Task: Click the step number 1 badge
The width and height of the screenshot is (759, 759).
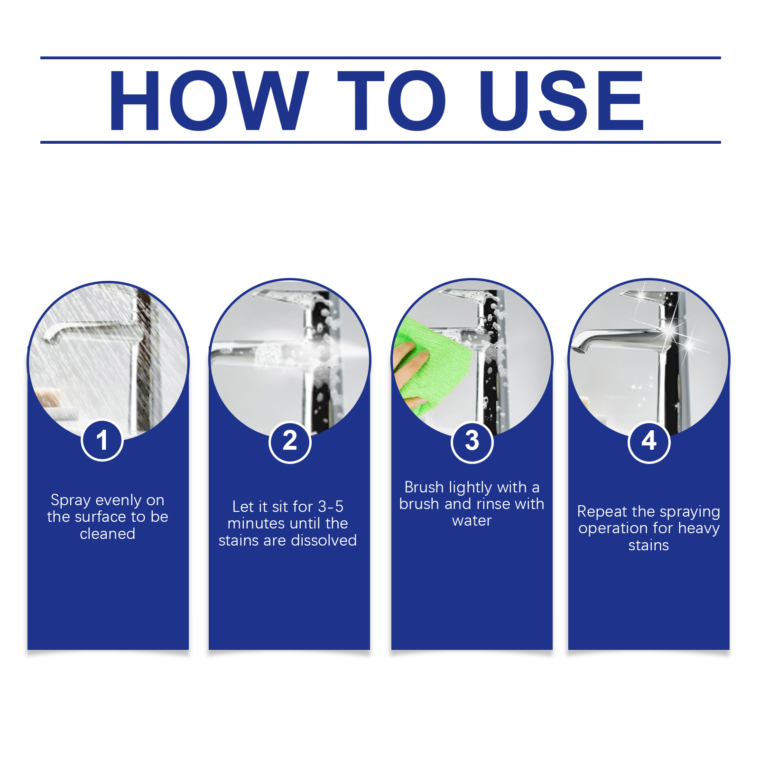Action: pyautogui.click(x=102, y=440)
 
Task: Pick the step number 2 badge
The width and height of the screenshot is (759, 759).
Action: pyautogui.click(x=290, y=442)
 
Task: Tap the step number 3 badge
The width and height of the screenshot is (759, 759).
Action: pyautogui.click(x=472, y=442)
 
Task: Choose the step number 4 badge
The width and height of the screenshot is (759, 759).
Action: pyautogui.click(x=649, y=442)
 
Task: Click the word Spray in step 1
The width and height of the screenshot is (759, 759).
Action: pyautogui.click(x=70, y=501)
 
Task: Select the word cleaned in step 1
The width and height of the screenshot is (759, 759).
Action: pyautogui.click(x=108, y=534)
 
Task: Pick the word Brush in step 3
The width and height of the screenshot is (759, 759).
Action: pyautogui.click(x=424, y=487)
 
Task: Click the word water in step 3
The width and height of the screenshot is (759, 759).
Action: pyautogui.click(x=472, y=521)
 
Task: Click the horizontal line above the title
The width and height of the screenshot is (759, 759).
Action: pyautogui.click(x=380, y=58)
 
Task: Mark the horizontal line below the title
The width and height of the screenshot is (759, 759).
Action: pyautogui.click(x=380, y=142)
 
